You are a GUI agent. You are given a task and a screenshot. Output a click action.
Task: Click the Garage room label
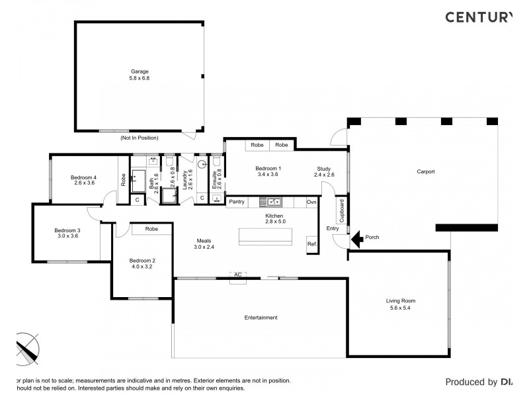tap(139, 71)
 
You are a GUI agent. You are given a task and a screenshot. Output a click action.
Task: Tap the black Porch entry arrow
tap(355, 238)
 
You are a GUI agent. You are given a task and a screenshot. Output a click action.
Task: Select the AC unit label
tap(236, 274)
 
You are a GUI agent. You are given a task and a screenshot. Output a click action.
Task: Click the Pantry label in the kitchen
tap(237, 201)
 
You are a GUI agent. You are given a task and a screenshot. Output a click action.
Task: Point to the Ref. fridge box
tap(312, 244)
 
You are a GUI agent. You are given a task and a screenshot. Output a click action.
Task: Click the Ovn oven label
tap(311, 201)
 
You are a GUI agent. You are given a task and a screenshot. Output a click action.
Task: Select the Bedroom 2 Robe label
tap(151, 229)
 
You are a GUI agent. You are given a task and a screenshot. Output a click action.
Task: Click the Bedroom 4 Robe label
tap(123, 179)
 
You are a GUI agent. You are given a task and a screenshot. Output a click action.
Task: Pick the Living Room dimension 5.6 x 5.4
tap(401, 308)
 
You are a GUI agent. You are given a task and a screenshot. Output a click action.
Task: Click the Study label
tap(324, 169)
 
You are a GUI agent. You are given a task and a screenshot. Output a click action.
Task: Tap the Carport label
tap(425, 171)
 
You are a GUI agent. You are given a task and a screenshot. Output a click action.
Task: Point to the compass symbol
tap(26, 347)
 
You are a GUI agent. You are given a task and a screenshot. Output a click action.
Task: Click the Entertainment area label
tap(261, 318)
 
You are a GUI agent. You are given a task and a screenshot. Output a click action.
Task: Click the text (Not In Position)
tap(139, 138)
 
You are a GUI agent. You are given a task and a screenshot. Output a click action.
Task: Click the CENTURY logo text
tap(478, 17)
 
